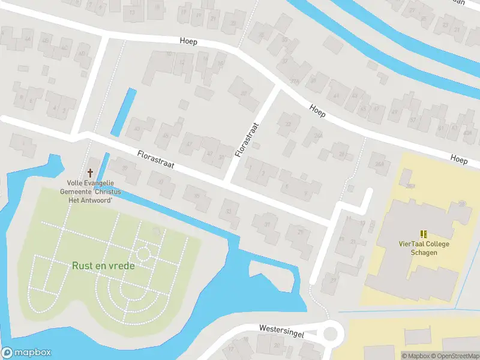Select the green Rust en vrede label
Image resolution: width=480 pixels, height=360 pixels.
click(103, 265)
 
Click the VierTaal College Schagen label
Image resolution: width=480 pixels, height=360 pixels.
click(424, 248)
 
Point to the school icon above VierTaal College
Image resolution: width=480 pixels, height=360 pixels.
click(424, 233)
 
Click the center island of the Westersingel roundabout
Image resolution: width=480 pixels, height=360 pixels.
click(331, 332)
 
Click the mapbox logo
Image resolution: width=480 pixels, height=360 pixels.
click(26, 353)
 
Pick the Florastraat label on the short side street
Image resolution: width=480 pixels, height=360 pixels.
click(247, 140)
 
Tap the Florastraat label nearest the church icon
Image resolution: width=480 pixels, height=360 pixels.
click(155, 159)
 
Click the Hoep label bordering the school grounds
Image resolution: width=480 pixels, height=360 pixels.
click(459, 160)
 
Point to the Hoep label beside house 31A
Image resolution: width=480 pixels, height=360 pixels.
click(317, 110)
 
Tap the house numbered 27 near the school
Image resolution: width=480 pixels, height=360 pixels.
click(332, 280)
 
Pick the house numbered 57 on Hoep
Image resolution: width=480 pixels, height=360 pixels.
click(413, 120)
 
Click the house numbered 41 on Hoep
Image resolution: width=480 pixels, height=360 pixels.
click(394, 112)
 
